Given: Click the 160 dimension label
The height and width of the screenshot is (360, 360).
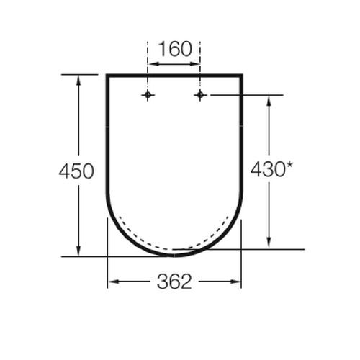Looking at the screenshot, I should (x=174, y=50).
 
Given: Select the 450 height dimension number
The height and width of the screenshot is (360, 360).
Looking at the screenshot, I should (x=76, y=171).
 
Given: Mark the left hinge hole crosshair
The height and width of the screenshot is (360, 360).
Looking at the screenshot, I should (x=148, y=95).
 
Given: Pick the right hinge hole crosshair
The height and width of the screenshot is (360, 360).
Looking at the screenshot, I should (x=200, y=95).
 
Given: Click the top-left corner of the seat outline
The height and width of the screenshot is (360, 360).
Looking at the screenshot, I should (x=107, y=75).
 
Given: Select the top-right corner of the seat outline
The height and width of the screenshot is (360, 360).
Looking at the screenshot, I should (x=241, y=75).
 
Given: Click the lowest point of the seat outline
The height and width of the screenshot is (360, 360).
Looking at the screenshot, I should (x=174, y=255).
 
